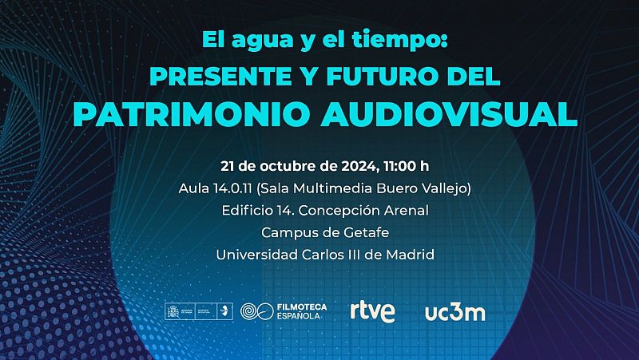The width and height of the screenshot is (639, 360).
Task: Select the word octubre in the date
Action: click(285, 167)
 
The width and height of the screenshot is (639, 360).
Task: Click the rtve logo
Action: click(372, 311)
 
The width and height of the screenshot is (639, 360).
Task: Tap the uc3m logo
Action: click(454, 311)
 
